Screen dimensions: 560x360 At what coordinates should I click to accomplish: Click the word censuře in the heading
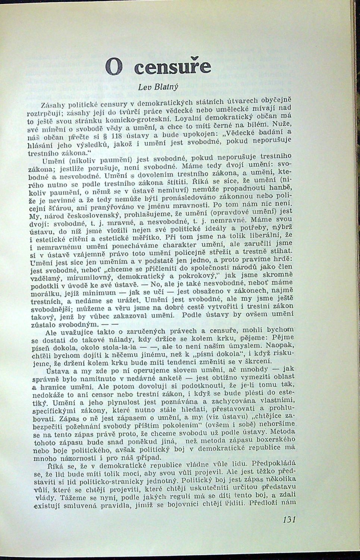pos(168,68)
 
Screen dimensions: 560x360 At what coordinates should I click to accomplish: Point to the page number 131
pos(290,520)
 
